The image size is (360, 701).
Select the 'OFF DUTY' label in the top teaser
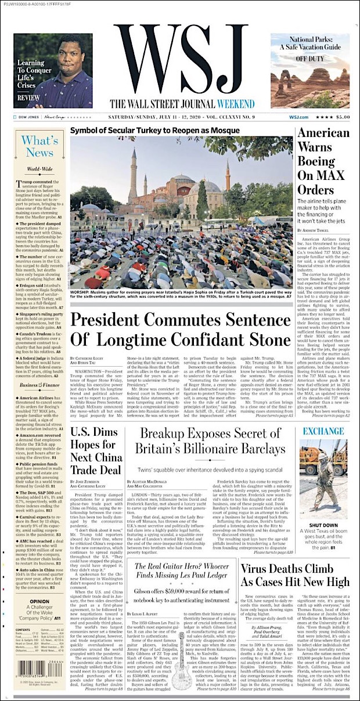click(310, 59)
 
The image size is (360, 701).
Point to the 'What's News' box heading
click(39, 147)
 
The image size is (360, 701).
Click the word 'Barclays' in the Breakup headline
click(257, 449)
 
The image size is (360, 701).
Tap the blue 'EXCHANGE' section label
click(324, 431)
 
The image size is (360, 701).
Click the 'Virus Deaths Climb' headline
click(294, 570)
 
